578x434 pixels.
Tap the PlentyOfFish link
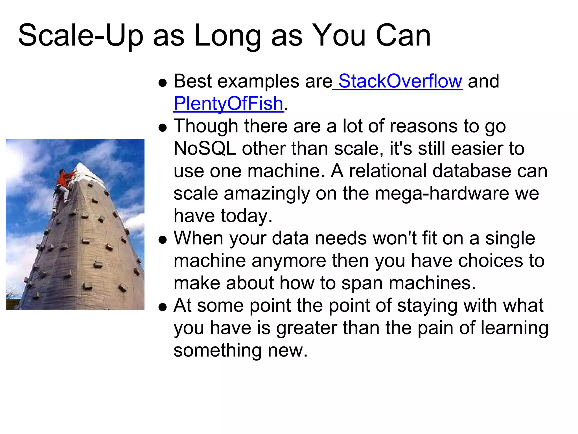[228, 104]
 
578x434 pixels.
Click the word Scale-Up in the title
[81, 35]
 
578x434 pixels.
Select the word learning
[514, 329]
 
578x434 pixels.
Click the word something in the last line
[217, 351]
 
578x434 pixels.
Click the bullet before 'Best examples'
[163, 83]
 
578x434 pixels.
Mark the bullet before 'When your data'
[163, 240]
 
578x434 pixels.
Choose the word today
[246, 216]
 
